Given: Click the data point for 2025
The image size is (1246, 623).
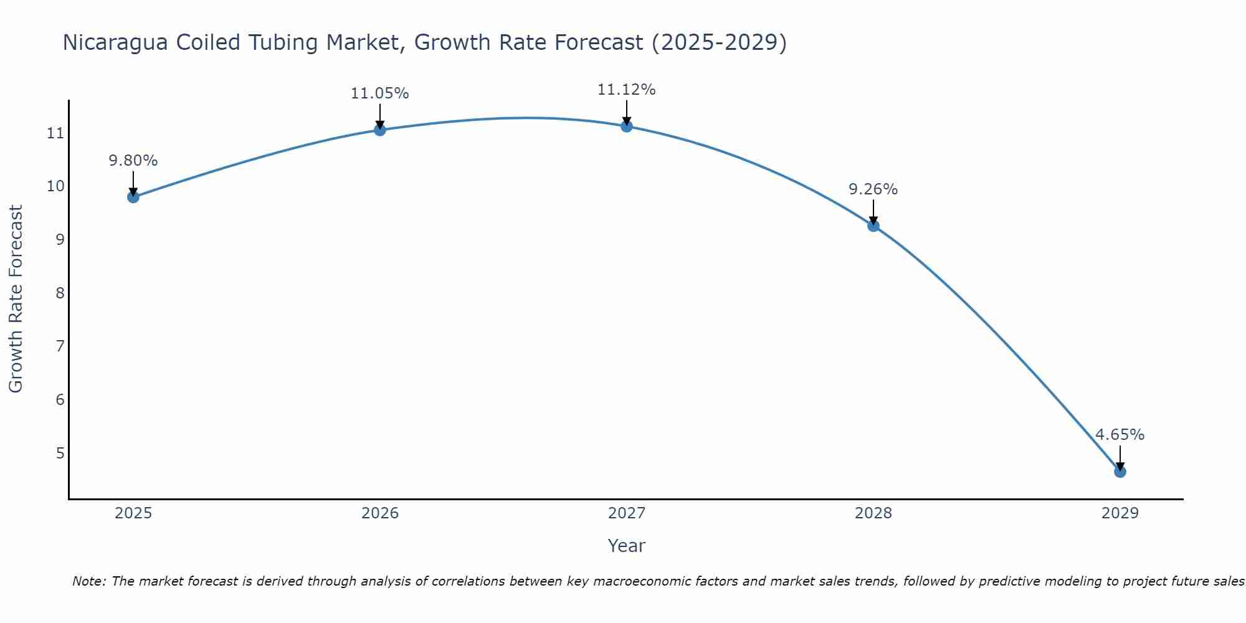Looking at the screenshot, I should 133,197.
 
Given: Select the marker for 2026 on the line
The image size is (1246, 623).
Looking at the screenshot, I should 379,130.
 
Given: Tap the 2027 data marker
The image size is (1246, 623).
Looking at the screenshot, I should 626,126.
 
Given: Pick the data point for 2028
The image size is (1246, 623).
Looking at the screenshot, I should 873,226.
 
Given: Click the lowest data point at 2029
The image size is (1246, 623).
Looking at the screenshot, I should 1120,472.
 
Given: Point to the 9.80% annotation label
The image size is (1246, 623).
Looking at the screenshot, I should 133,161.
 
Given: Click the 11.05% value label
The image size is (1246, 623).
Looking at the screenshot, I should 379,93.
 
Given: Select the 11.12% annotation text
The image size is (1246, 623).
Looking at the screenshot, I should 626,90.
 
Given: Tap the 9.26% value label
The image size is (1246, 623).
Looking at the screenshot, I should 873,189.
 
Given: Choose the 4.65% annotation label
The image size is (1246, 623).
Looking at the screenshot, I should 1120,435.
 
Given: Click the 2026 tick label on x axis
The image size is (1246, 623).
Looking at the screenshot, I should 379,513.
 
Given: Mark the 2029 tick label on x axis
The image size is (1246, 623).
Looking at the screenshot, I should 1120,513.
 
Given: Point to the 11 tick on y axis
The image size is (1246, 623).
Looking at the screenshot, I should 55,133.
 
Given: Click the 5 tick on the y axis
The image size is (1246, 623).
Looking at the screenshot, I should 60,453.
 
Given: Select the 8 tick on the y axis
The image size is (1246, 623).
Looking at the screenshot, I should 60,293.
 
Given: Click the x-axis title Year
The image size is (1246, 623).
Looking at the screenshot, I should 626,546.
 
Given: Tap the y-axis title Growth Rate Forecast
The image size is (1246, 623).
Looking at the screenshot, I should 16,299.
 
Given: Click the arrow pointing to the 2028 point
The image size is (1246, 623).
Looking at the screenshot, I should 873,212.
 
